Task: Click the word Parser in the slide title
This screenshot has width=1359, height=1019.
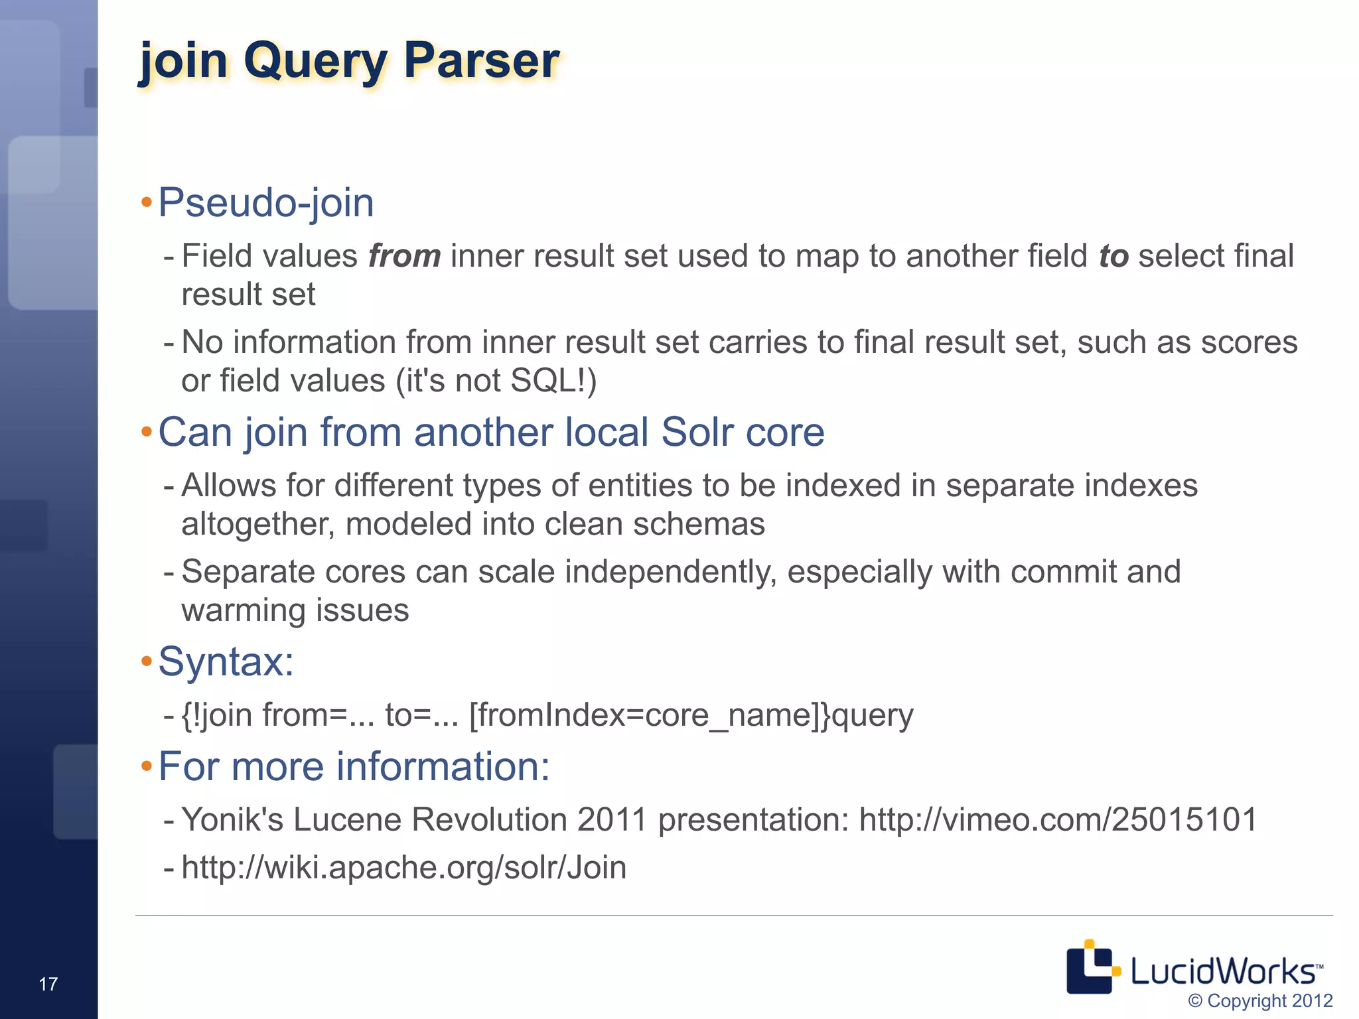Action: (x=482, y=61)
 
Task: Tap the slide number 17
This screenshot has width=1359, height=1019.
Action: (x=48, y=984)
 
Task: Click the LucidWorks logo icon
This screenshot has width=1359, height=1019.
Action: (x=1091, y=967)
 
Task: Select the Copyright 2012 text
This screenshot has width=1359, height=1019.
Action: (x=1260, y=1000)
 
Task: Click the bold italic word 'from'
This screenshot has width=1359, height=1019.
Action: (x=404, y=256)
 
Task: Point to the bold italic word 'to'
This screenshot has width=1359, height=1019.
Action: (x=1113, y=256)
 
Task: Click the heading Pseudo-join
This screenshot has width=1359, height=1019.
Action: (x=265, y=202)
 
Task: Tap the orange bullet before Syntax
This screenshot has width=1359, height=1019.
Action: (x=147, y=661)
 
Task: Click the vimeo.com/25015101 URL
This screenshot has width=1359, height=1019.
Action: (x=1058, y=819)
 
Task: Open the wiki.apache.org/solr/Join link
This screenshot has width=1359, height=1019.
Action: (x=403, y=867)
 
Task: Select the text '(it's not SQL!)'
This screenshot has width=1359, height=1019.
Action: (x=496, y=381)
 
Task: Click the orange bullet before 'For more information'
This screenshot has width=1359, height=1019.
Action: (x=147, y=767)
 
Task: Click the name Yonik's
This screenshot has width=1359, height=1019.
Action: (x=232, y=819)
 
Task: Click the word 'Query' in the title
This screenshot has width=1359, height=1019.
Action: (x=315, y=61)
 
